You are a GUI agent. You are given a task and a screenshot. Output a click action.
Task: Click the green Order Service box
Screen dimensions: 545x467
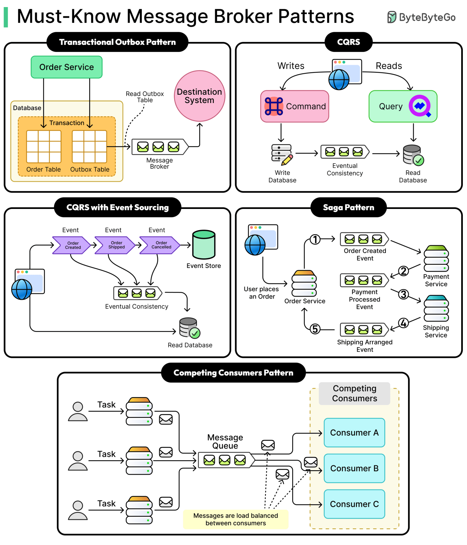[66, 67]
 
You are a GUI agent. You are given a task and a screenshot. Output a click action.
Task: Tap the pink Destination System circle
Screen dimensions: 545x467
[200, 96]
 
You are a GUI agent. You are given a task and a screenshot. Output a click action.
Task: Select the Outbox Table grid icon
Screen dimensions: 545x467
[89, 147]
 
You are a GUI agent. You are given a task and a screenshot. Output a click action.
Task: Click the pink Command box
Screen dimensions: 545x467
[294, 106]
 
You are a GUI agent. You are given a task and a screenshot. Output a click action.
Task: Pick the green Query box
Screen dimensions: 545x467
[403, 106]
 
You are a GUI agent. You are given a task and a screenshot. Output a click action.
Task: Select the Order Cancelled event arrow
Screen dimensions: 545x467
[160, 245]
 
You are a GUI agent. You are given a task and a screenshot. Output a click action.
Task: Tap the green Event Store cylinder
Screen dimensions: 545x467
[204, 245]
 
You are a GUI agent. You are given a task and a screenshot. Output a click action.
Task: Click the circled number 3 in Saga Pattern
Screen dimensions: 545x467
[403, 294]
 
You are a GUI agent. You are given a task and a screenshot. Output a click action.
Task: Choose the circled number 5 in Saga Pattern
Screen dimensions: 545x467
[315, 329]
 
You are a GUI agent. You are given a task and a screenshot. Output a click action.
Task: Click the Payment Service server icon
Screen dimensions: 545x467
[436, 259]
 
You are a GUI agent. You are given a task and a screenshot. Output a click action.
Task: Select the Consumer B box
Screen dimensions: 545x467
[354, 468]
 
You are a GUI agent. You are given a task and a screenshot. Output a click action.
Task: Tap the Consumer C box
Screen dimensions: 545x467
[354, 504]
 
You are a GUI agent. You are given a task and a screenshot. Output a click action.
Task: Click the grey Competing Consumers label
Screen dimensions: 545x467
[354, 393]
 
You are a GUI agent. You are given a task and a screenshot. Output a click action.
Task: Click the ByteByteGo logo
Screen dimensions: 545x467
[421, 17]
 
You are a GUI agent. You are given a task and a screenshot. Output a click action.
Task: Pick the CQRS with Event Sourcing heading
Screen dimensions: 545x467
[117, 207]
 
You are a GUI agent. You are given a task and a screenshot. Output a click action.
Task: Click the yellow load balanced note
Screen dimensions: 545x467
[235, 519]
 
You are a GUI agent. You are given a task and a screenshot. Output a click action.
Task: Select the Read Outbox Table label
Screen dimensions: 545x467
[145, 97]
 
